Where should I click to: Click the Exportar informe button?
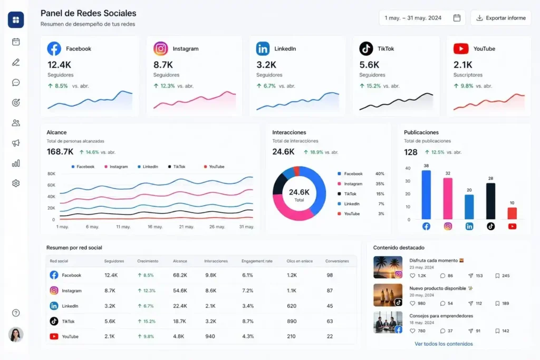coord(500,18)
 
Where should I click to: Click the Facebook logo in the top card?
coord(54,48)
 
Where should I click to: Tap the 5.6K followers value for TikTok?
coord(369,64)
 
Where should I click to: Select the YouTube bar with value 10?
coord(512,213)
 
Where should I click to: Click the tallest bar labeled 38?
coord(426,194)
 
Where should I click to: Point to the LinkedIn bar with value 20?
coord(469,207)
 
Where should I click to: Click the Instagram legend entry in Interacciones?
coord(353,184)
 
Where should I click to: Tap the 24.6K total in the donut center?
coord(299,192)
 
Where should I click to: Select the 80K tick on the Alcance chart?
coord(51,173)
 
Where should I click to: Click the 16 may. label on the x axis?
coord(155,227)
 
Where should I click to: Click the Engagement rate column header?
coord(257,261)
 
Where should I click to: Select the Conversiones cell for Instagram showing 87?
coord(330,290)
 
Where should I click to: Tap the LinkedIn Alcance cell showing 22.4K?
coord(180,306)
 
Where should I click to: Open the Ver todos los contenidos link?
coord(443,344)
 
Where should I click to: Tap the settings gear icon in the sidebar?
coord(16,183)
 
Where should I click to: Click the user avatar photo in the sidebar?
coord(16,334)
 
